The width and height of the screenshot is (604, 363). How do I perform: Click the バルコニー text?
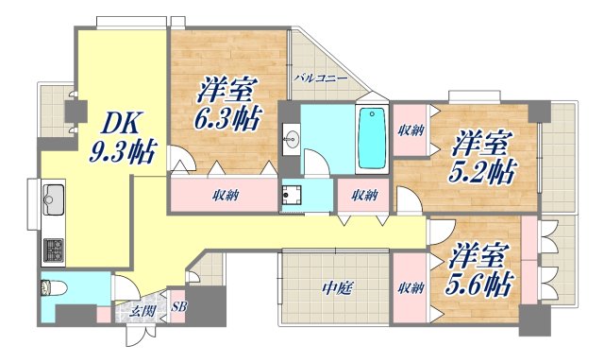point(320,78)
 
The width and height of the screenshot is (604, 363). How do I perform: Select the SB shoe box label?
point(179,306)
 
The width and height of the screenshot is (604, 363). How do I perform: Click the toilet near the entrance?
point(50,288)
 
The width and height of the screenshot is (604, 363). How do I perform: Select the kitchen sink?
point(53,200)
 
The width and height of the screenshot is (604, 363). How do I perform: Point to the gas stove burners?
point(54,251)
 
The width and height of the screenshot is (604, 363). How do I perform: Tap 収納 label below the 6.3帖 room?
point(225,197)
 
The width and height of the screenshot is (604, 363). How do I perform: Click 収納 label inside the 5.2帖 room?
point(410,130)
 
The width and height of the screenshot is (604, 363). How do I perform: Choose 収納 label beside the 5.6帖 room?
point(410,288)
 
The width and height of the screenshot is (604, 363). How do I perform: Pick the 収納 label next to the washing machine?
point(365,196)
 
